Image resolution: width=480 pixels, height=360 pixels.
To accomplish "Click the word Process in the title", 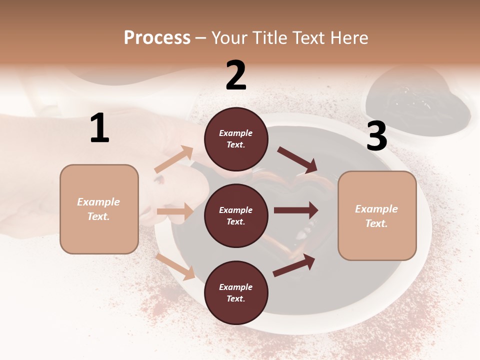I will point(157,37).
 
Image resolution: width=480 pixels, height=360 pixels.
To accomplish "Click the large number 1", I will point(99,128).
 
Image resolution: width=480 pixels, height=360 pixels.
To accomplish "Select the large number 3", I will point(376,136).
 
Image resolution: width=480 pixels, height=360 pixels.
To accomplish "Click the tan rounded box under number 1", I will point(99,209).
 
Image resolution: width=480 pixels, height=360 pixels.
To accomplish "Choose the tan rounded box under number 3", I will point(377,216).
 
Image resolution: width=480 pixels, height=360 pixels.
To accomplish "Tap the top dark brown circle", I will point(236,139).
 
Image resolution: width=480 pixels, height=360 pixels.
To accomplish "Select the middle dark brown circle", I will point(236,215).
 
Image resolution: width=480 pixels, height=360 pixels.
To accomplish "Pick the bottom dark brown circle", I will point(236,292).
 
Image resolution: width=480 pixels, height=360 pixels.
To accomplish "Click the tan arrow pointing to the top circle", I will point(174,159).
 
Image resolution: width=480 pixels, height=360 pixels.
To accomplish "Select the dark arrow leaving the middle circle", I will point(296,210).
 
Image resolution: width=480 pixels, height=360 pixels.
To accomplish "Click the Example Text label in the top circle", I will point(236,139).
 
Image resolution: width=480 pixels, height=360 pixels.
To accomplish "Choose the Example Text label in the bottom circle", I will point(236,293).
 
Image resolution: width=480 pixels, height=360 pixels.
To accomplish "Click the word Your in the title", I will point(230,37).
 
